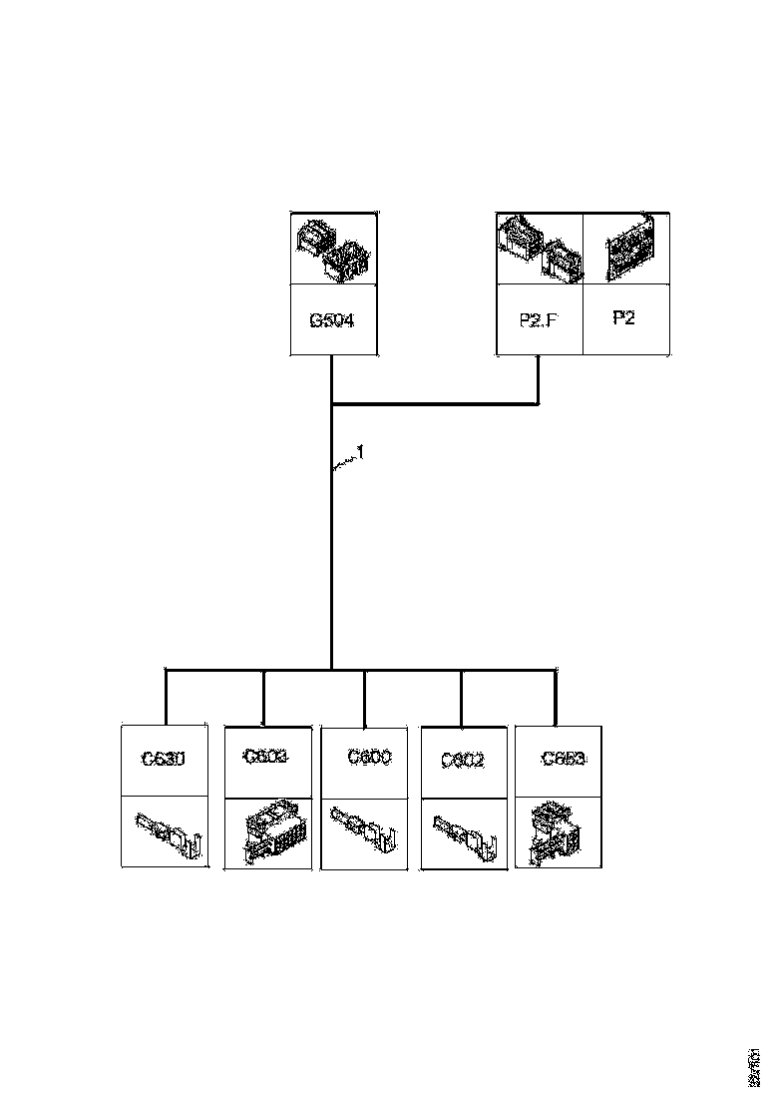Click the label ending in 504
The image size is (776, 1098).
(x=333, y=321)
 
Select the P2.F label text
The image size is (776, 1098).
(x=539, y=321)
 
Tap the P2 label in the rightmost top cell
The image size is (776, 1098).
(x=623, y=317)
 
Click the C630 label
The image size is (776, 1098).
(x=164, y=759)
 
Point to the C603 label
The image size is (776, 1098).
(x=265, y=757)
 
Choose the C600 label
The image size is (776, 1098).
(x=369, y=757)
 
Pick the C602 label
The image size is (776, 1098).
(x=463, y=761)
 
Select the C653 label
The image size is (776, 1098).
(x=563, y=759)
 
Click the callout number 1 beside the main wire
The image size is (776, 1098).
(x=361, y=452)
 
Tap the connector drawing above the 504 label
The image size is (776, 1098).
(x=333, y=250)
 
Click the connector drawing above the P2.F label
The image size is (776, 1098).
(x=539, y=249)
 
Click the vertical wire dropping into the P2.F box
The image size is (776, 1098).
(x=539, y=379)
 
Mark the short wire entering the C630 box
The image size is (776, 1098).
(x=166, y=696)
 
